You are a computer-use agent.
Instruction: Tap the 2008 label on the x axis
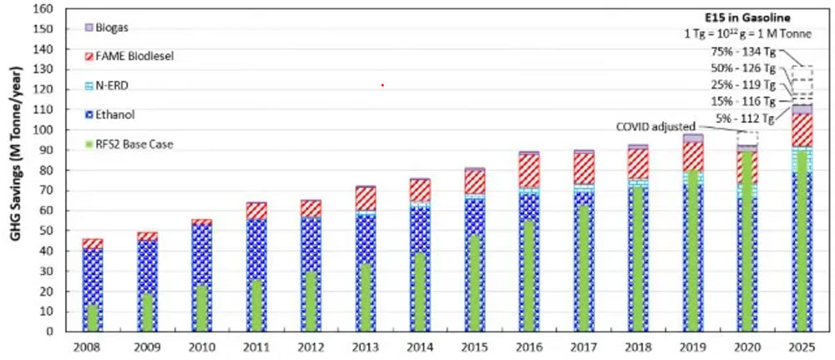click(x=92, y=346)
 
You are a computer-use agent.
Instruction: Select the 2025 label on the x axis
click(x=802, y=346)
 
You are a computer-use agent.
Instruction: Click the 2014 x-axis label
click(x=419, y=346)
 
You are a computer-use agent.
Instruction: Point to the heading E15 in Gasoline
click(x=757, y=16)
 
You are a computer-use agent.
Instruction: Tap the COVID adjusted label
click(x=654, y=127)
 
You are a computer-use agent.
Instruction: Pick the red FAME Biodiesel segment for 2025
click(x=802, y=130)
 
